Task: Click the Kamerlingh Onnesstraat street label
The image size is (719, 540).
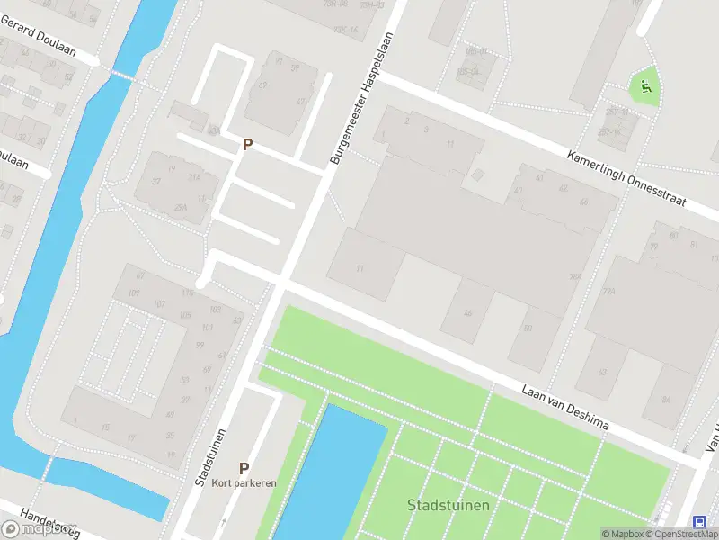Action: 626,179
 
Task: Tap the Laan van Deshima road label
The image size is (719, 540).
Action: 565,408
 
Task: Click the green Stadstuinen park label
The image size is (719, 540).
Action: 448,505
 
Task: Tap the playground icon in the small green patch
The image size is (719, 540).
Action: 645,87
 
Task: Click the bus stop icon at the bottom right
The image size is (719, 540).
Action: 699,522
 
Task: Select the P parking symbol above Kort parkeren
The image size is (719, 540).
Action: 243,468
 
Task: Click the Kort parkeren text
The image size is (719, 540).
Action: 244,483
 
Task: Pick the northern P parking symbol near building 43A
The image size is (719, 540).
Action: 247,144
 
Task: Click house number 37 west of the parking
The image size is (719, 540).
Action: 156,181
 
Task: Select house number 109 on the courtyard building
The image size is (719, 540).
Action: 136,293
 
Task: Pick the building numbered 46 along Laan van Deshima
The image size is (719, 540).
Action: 467,313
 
